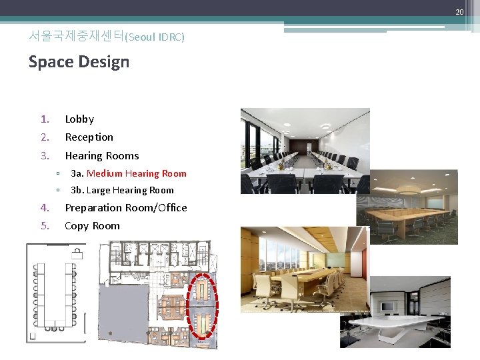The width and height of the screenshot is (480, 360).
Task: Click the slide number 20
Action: [x=459, y=12]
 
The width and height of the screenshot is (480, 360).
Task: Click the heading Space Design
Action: [x=79, y=62]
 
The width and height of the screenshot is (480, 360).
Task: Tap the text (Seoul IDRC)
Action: [x=155, y=37]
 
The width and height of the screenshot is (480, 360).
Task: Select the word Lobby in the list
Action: [x=79, y=119]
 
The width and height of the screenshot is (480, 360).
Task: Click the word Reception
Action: [x=89, y=137]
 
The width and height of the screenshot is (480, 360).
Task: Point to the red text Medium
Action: [x=104, y=173]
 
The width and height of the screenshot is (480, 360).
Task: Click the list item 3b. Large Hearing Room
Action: [x=122, y=190]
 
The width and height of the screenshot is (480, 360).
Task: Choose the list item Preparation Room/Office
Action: [x=125, y=208]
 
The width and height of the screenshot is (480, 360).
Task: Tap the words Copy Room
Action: [x=92, y=226]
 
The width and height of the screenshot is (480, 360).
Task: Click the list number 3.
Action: [x=45, y=156]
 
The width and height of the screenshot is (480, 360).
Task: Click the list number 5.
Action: [x=45, y=226]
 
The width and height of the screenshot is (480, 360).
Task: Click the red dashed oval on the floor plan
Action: [x=202, y=309]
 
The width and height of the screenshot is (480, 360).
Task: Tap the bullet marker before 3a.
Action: [x=58, y=174]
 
